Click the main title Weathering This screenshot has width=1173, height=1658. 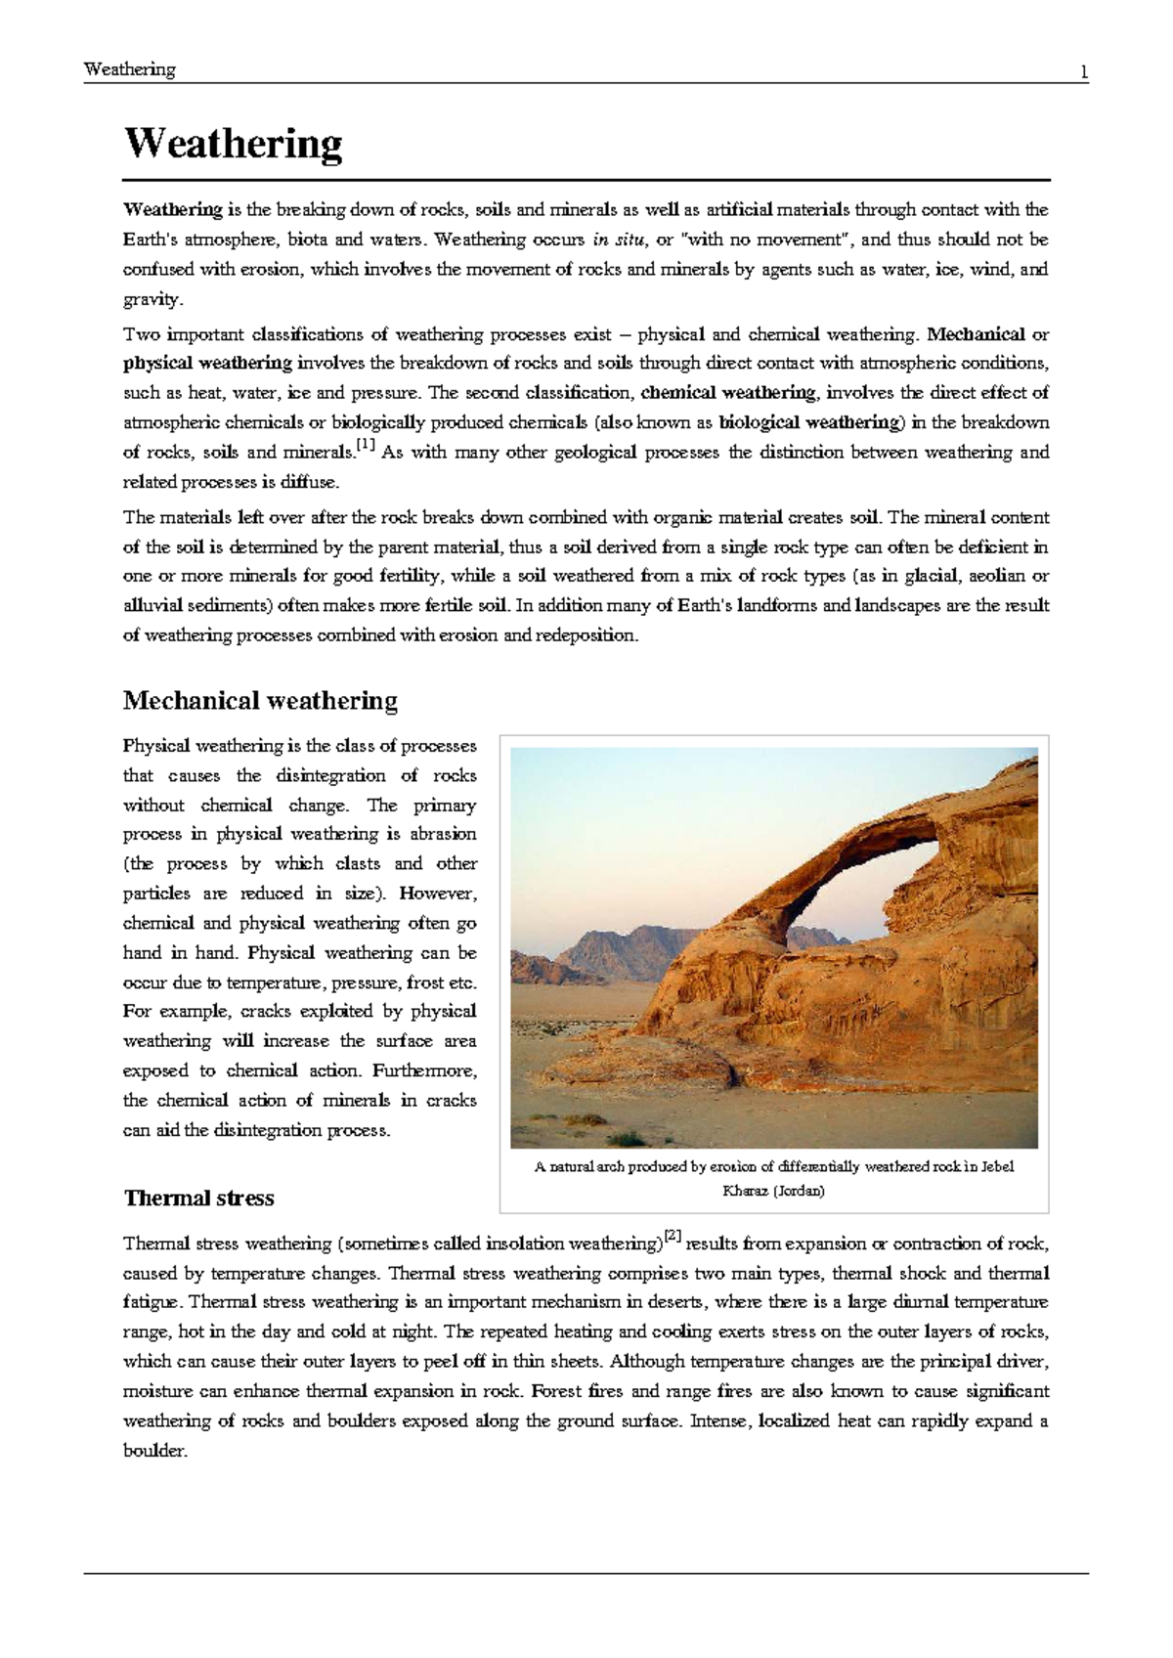[233, 145]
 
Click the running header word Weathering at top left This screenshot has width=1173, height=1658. [129, 69]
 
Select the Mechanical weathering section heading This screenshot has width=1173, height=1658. [260, 701]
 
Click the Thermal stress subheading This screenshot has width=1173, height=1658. [198, 1199]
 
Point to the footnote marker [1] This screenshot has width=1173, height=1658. [366, 446]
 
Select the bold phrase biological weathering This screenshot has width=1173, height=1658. [809, 423]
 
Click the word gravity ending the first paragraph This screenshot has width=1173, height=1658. [152, 300]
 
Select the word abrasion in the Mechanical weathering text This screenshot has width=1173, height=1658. [443, 835]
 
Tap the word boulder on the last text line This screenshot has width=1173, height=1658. [153, 1452]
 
